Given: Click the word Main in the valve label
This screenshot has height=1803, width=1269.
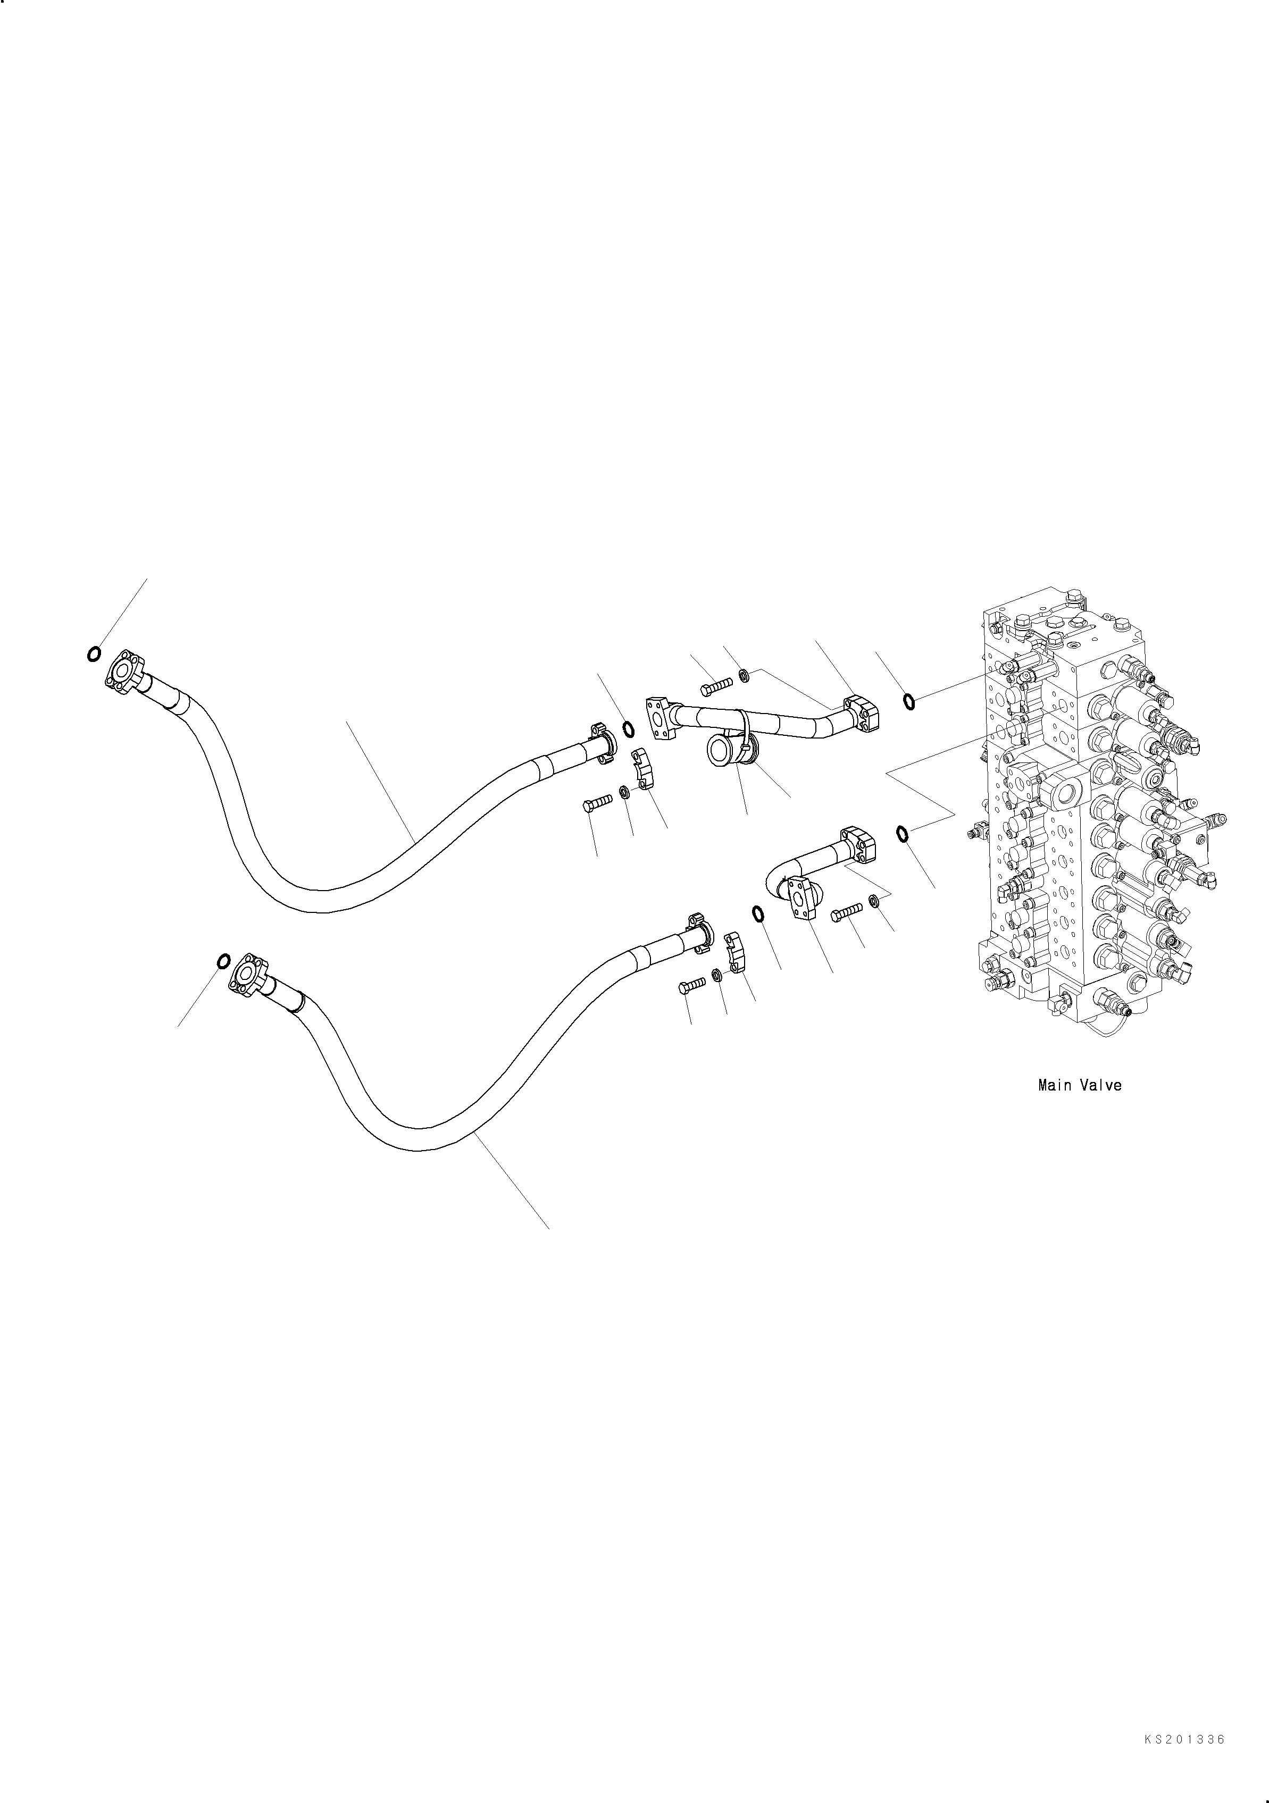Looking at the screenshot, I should coord(1053,1086).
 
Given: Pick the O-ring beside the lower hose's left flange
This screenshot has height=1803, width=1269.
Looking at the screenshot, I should coord(223,960).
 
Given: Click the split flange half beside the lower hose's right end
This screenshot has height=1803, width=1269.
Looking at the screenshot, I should coord(733,951).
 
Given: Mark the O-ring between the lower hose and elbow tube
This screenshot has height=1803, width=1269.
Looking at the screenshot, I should coord(758,914).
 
